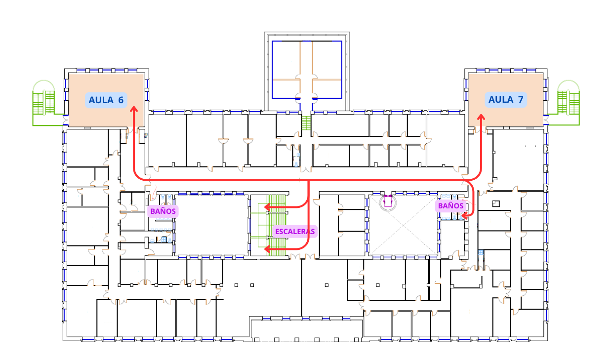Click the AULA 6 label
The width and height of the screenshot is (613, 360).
(x=106, y=100)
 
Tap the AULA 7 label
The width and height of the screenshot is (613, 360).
(x=506, y=100)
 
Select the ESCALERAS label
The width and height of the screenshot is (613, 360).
(x=295, y=232)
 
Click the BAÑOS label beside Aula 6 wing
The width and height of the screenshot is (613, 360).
(x=163, y=211)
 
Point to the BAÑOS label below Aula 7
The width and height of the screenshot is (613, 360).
(x=450, y=206)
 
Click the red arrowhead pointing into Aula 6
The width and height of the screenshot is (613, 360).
(x=134, y=109)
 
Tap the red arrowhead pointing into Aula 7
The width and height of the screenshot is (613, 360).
(x=481, y=117)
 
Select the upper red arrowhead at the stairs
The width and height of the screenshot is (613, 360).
(x=267, y=207)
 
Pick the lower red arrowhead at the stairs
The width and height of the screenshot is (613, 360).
(x=267, y=249)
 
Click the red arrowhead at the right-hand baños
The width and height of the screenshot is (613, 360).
(x=464, y=216)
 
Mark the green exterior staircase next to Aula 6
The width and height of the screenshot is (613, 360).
(x=44, y=103)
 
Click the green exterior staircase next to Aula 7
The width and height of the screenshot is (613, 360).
(x=569, y=103)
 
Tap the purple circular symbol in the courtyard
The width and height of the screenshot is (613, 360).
(x=388, y=202)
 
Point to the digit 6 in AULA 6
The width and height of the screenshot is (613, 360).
(x=121, y=100)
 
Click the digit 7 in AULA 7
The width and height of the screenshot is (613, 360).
(x=520, y=100)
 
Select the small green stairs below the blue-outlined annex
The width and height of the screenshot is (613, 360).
(x=306, y=123)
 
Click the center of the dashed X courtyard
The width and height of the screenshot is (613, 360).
(x=403, y=226)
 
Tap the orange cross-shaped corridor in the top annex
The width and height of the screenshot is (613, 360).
(x=306, y=80)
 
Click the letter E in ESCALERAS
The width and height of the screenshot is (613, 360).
(x=277, y=232)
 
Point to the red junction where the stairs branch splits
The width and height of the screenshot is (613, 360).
(x=309, y=180)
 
